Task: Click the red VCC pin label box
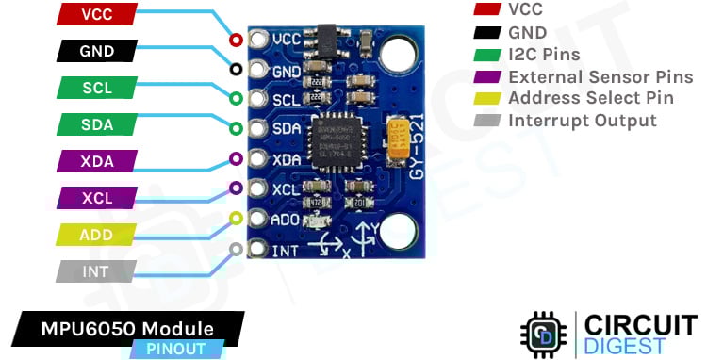point(98,14)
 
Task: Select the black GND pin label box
point(98,51)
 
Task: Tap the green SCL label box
point(98,88)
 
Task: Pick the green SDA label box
point(98,124)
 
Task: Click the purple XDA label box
point(98,161)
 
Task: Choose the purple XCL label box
point(98,198)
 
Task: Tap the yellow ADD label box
point(98,235)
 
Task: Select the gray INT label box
point(98,271)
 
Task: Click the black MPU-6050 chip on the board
point(337,146)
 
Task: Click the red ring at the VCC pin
point(235,40)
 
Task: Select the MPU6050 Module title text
point(126,328)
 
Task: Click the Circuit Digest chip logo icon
point(543,333)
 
